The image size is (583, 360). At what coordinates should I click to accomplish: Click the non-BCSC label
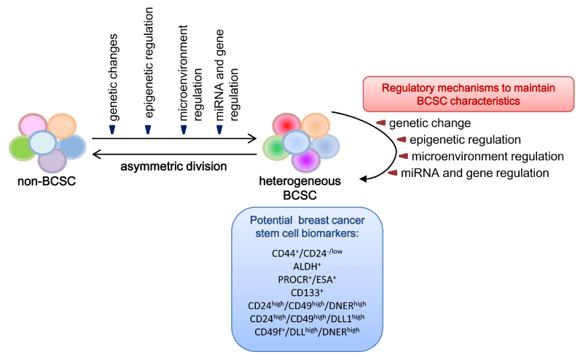click(47, 181)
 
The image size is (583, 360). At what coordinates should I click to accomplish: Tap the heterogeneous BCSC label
click(300, 188)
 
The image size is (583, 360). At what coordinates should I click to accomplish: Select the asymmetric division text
click(173, 166)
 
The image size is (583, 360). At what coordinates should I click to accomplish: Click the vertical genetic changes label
click(113, 77)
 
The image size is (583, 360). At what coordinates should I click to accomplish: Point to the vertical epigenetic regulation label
click(149, 63)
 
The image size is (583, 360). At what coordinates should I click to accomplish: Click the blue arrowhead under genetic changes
click(112, 130)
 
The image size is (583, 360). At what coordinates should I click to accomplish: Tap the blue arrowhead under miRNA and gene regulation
click(219, 130)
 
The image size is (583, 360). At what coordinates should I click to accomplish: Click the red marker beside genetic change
click(380, 122)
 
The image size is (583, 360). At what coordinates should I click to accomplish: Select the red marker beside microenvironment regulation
click(404, 156)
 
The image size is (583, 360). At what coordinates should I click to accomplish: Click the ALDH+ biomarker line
click(307, 266)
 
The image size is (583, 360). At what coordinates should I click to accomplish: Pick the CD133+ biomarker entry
click(307, 292)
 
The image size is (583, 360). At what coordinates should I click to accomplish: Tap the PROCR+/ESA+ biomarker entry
click(307, 279)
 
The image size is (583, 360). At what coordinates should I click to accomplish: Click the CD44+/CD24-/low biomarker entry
click(307, 253)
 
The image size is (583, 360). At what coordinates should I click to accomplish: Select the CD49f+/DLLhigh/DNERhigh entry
click(307, 331)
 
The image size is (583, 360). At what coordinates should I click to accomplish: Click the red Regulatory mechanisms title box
click(469, 94)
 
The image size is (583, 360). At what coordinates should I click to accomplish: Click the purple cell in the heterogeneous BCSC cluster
click(306, 160)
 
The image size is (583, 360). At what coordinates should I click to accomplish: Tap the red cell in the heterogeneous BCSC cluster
click(286, 125)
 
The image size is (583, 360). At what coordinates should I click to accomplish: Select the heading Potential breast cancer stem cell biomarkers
click(307, 227)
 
